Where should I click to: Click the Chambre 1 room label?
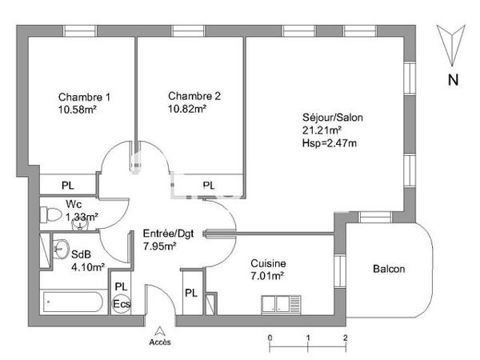point(84,98)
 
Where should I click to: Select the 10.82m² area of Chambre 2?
point(187,109)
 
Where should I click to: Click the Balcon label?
point(389,269)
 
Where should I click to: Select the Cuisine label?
point(268,263)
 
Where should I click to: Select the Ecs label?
point(121,304)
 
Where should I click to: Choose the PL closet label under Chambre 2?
point(208,186)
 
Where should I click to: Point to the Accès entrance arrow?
point(160,330)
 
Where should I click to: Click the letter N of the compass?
point(453,79)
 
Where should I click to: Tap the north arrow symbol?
point(453,43)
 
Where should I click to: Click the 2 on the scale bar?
point(345,338)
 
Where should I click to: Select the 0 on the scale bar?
point(270,338)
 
